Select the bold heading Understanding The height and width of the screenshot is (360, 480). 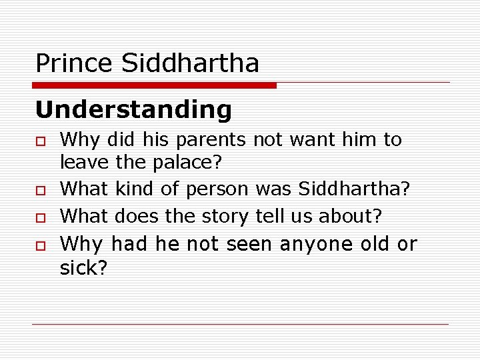pyautogui.click(x=133, y=109)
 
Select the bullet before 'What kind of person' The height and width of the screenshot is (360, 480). pyautogui.click(x=41, y=190)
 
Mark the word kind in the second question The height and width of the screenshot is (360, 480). pyautogui.click(x=134, y=189)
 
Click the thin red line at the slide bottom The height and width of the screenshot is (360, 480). pyautogui.click(x=240, y=325)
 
